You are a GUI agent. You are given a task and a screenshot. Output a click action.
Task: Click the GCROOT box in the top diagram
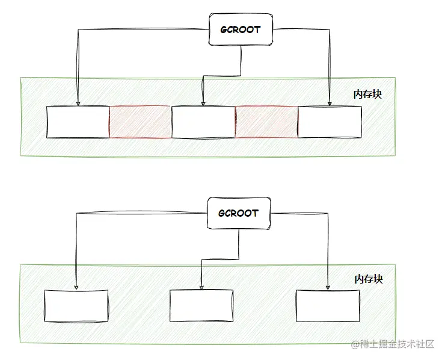241,29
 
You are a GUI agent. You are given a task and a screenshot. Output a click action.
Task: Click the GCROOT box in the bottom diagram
239,213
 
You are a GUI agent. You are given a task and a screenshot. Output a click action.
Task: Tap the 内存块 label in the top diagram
367,95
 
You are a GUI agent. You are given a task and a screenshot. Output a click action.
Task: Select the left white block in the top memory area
78,122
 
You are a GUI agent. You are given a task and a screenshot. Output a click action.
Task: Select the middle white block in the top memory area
203,122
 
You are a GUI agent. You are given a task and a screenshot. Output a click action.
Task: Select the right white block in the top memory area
330,122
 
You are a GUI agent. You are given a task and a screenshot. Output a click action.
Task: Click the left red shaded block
140,122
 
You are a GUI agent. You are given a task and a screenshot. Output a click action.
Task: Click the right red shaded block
266,122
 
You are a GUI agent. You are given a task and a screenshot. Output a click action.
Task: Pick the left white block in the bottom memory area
76,306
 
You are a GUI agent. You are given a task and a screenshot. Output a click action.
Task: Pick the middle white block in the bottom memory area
201,306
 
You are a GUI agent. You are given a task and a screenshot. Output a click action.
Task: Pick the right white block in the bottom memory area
328,306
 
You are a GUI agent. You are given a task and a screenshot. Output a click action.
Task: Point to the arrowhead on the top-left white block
78,103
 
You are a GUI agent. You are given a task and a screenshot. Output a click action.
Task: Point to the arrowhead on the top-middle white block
203,103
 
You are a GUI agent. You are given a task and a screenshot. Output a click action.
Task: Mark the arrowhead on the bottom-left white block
75,287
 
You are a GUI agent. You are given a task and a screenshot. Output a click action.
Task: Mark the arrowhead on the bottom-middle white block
201,287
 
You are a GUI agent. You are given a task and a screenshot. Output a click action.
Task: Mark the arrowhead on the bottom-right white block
328,287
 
